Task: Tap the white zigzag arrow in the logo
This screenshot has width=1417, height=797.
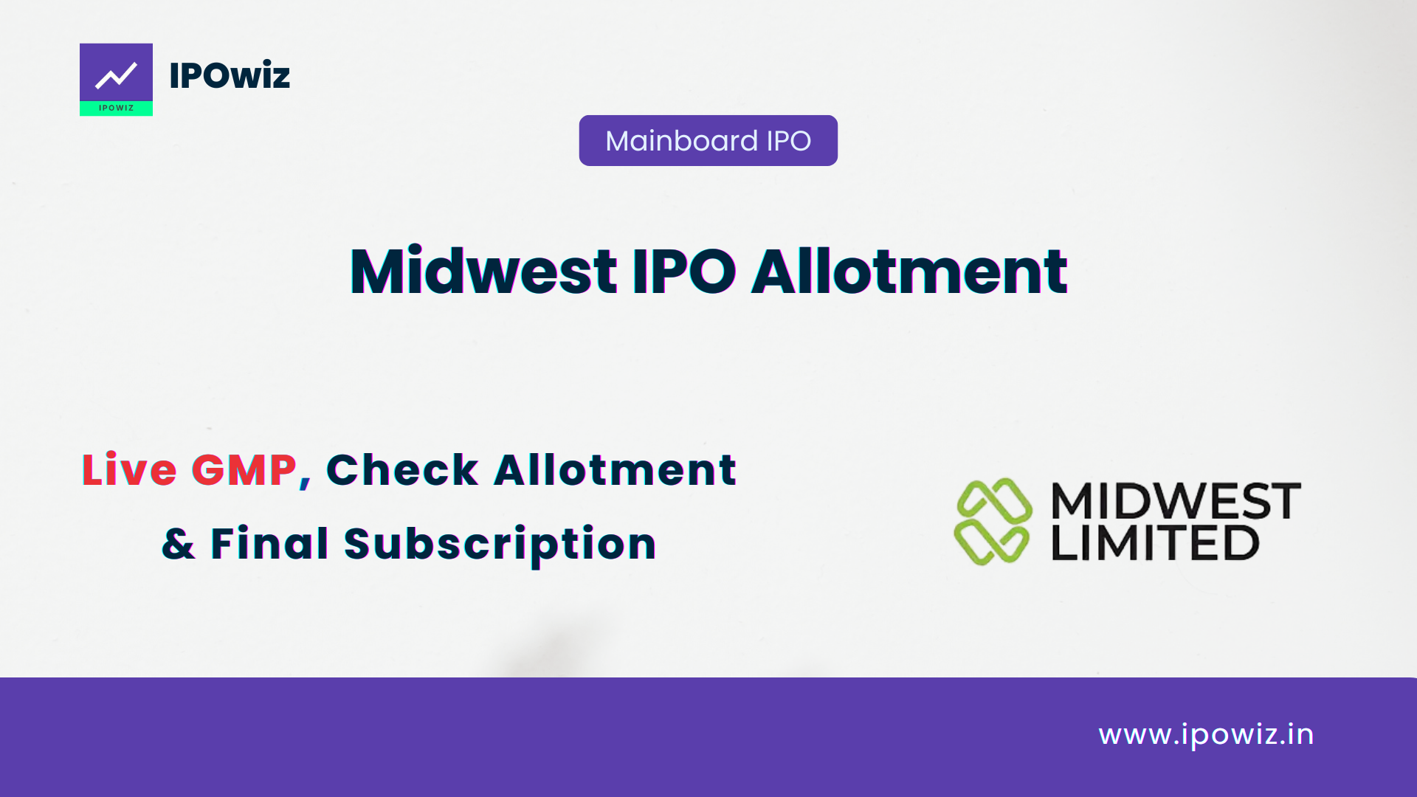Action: coord(116,75)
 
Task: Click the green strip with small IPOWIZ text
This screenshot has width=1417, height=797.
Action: coord(116,108)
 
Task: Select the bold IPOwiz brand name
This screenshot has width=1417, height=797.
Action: coord(230,75)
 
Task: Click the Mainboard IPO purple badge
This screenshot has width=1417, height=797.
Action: coord(708,140)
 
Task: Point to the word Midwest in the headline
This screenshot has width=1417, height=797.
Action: coord(483,271)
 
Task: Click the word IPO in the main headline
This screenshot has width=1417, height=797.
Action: coord(684,271)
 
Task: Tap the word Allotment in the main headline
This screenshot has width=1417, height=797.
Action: coord(909,271)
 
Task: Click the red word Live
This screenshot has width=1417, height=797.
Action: coord(129,470)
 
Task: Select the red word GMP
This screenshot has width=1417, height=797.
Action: coord(244,470)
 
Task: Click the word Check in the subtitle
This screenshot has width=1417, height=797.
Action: coord(402,470)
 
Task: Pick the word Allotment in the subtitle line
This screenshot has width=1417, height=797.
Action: coord(615,470)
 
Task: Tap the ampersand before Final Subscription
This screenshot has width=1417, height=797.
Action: coord(179,544)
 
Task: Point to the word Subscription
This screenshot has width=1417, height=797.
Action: coord(500,545)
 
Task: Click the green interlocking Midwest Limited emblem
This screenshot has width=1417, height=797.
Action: coord(993,521)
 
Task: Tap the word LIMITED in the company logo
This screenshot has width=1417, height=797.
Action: coord(1155,542)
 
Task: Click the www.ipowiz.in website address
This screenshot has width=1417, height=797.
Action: coord(1206,735)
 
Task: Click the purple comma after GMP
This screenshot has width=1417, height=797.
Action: coord(305,482)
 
